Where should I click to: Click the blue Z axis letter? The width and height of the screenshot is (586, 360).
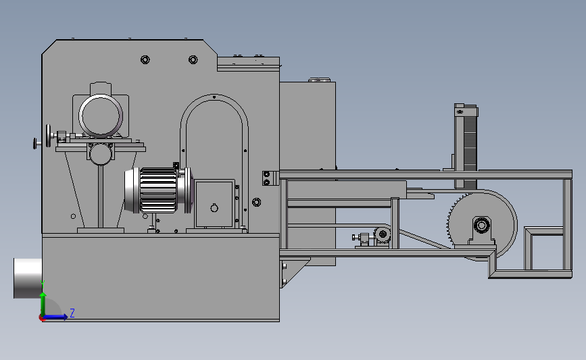click(72, 313)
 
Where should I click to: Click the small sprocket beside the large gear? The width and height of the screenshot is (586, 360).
click(383, 235)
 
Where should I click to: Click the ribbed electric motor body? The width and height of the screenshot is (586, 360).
click(158, 190)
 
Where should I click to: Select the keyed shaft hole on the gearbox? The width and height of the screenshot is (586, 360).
click(214, 208)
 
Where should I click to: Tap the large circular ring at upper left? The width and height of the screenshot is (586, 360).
click(101, 115)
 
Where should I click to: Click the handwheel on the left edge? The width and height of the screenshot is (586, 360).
click(48, 136)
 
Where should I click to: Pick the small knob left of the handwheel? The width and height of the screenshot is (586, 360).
click(35, 143)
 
